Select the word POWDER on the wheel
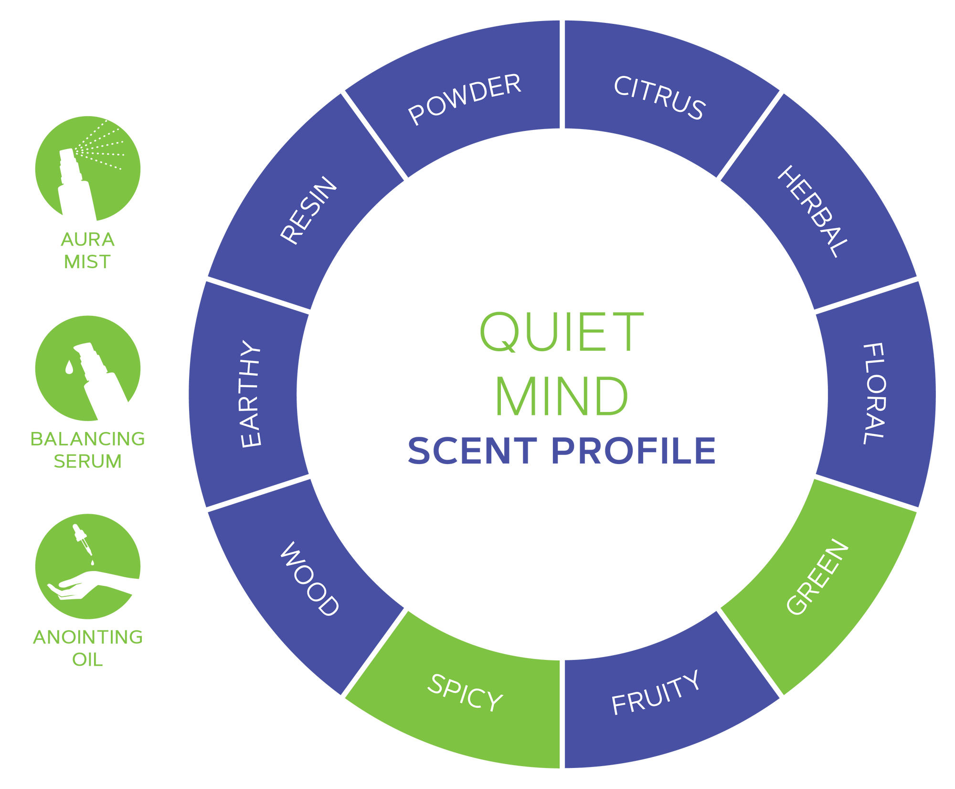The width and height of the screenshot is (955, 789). point(465,99)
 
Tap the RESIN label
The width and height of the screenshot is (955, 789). point(308,210)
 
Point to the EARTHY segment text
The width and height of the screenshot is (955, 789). point(250,394)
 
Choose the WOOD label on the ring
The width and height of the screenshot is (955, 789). point(309,579)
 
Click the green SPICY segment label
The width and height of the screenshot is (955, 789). point(465,692)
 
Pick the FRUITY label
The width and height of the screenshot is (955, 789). point(656,692)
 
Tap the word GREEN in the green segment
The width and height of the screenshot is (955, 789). point(817,577)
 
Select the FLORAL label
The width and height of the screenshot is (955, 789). point(874,393)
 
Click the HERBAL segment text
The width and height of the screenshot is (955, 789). point(813,211)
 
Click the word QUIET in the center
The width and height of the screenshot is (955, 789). point(562,332)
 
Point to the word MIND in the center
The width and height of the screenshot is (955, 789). point(562,396)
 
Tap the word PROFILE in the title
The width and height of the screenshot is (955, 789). point(634,451)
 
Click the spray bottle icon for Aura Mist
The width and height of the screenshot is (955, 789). point(76,184)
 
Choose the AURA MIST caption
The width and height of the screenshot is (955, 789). point(88,250)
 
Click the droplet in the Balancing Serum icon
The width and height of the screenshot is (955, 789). point(69,367)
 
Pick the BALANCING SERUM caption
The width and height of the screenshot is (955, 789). point(88,450)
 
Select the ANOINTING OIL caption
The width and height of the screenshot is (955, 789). point(88,648)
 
